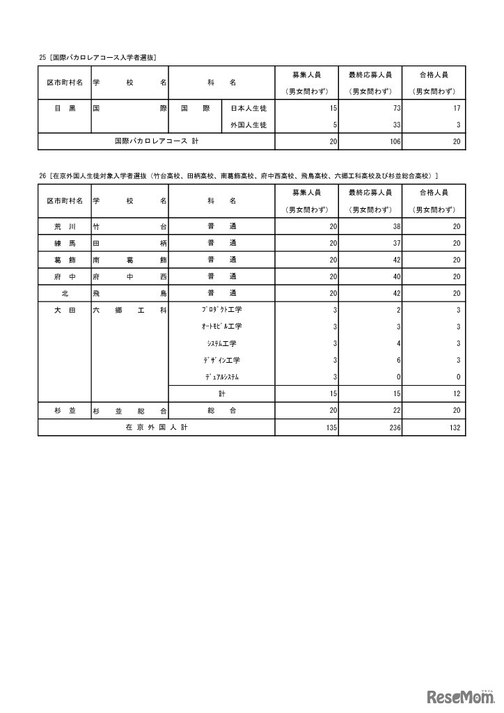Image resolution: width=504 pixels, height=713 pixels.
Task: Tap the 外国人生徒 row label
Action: tap(249, 125)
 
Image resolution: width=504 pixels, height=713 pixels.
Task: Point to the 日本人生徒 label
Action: tap(249, 109)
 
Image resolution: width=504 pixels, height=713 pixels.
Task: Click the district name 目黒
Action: tap(65, 109)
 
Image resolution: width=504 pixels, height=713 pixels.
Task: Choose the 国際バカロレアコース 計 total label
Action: tap(157, 141)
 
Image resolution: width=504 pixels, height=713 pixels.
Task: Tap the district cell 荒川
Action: tap(65, 227)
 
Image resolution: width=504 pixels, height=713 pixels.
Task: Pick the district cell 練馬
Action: tap(65, 244)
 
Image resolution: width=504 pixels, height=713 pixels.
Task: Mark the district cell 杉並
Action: tap(65, 411)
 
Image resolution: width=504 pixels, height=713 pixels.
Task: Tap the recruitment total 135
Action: tap(331, 428)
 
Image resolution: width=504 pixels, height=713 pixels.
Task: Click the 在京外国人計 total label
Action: tap(157, 428)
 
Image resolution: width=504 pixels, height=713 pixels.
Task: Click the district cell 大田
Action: tap(65, 311)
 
